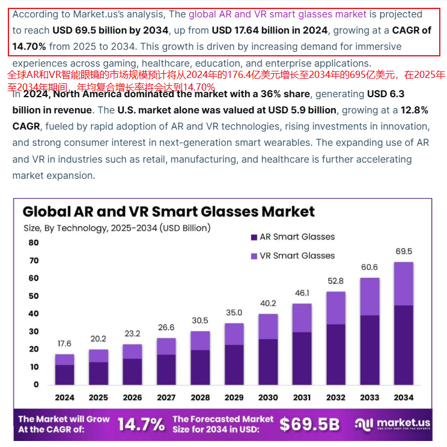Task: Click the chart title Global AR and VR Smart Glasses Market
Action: tap(168, 211)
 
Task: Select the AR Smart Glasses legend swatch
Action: tap(254, 238)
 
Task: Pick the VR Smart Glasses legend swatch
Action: tap(254, 256)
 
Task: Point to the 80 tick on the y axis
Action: tap(33, 242)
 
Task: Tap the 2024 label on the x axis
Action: tap(64, 397)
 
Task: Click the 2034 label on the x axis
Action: tap(404, 397)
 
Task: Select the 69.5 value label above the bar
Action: tap(404, 251)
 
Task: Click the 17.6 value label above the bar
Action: tap(64, 344)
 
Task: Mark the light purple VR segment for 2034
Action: tap(404, 284)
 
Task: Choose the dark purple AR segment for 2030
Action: tap(268, 361)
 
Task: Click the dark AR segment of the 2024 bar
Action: tap(64, 374)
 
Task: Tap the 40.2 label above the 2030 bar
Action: tap(268, 303)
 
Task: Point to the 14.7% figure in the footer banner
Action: tap(141, 425)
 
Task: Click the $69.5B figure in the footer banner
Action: tap(309, 425)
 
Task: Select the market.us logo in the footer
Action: tap(393, 425)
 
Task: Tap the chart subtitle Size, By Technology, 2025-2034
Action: tap(117, 228)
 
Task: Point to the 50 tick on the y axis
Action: tap(33, 296)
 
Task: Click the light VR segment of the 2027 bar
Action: tap(166, 346)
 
